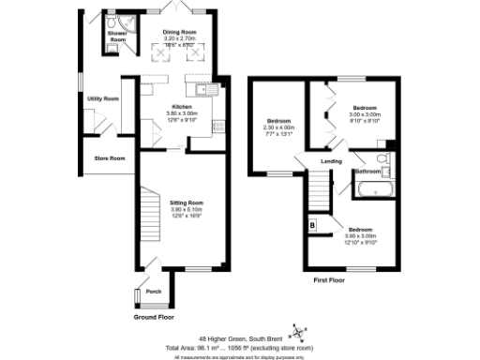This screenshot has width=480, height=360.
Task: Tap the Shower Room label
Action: pyautogui.click(x=117, y=37)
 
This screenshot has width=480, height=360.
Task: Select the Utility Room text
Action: pyautogui.click(x=103, y=98)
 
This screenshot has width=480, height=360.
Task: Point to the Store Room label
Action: pyautogui.click(x=110, y=157)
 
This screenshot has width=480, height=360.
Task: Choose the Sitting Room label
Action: pyautogui.click(x=187, y=202)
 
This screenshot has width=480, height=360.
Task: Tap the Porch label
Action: pyautogui.click(x=154, y=292)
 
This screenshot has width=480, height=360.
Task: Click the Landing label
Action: pyautogui.click(x=331, y=163)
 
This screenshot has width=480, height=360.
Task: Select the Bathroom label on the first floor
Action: pyautogui.click(x=367, y=172)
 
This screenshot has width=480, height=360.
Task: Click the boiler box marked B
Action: pyautogui.click(x=312, y=225)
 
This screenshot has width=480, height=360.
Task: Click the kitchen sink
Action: pyautogui.click(x=207, y=91)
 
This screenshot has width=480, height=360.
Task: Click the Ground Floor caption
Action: pyautogui.click(x=154, y=317)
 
